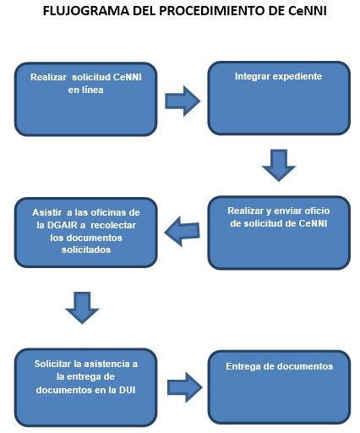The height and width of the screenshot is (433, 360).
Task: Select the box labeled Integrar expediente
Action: click(279, 98)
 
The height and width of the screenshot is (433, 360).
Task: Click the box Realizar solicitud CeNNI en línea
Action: click(86, 99)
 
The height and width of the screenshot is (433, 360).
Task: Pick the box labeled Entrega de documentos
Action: click(279, 386)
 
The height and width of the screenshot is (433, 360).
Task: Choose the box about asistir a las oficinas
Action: click(86, 233)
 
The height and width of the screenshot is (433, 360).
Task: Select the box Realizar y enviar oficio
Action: click(279, 233)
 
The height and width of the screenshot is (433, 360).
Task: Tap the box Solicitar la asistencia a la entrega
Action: click(86, 387)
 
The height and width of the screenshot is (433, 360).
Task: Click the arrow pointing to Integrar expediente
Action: click(183, 101)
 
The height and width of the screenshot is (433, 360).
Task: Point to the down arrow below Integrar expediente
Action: click(279, 165)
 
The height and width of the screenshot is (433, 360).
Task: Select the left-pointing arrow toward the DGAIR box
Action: click(182, 232)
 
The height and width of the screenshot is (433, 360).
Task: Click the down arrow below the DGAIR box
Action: click(82, 308)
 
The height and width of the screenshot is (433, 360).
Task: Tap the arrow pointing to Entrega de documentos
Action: click(185, 387)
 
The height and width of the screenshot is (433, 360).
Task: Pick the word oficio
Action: click(317, 211)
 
